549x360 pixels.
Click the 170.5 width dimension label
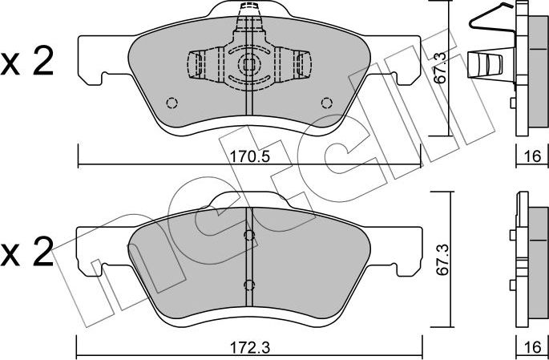coord(249,156)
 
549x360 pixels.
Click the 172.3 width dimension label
coord(249,348)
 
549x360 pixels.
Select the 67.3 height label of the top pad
coord(441,67)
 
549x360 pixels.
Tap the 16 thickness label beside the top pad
coord(532,156)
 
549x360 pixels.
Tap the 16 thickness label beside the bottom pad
coord(532,348)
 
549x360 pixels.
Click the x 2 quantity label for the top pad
coord(27,61)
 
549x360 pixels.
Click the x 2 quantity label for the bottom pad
coord(27,252)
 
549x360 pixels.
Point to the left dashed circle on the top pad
coord(172,103)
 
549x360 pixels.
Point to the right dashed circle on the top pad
coord(327,103)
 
